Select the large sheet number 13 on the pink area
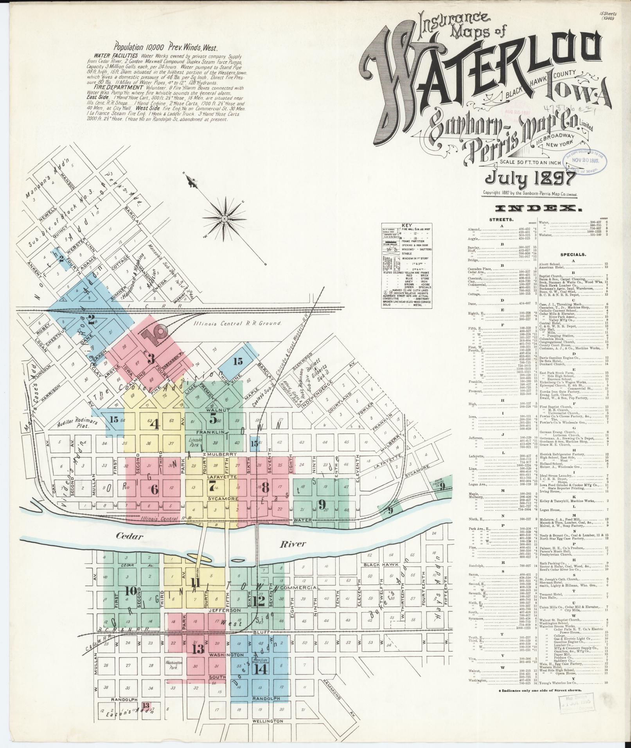198,649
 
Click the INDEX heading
538,209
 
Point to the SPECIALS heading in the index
586,254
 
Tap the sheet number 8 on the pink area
265,488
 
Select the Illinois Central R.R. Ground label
238,323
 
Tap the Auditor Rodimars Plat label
73,425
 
